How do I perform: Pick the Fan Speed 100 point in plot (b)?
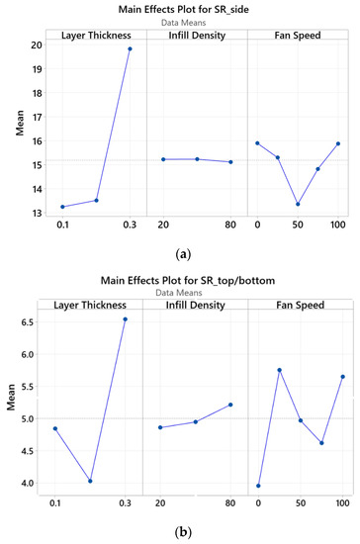pos(342,376)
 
